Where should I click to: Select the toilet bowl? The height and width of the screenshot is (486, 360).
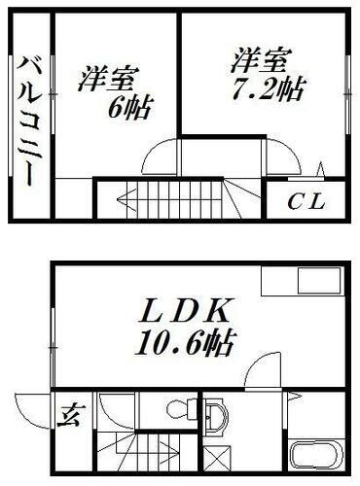[x=179, y=409]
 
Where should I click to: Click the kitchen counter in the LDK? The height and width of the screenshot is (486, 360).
[x=302, y=282]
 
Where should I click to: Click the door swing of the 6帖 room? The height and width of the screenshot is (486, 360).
[x=162, y=156]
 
